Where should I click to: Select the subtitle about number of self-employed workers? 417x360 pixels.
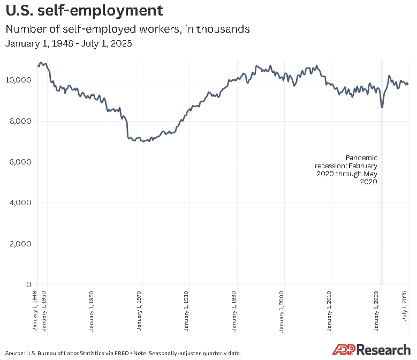tap(127, 29)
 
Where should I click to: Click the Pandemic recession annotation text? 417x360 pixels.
tap(346, 170)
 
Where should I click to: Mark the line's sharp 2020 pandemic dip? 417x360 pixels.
tap(382, 107)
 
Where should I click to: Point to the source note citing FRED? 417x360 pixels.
tap(124, 353)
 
